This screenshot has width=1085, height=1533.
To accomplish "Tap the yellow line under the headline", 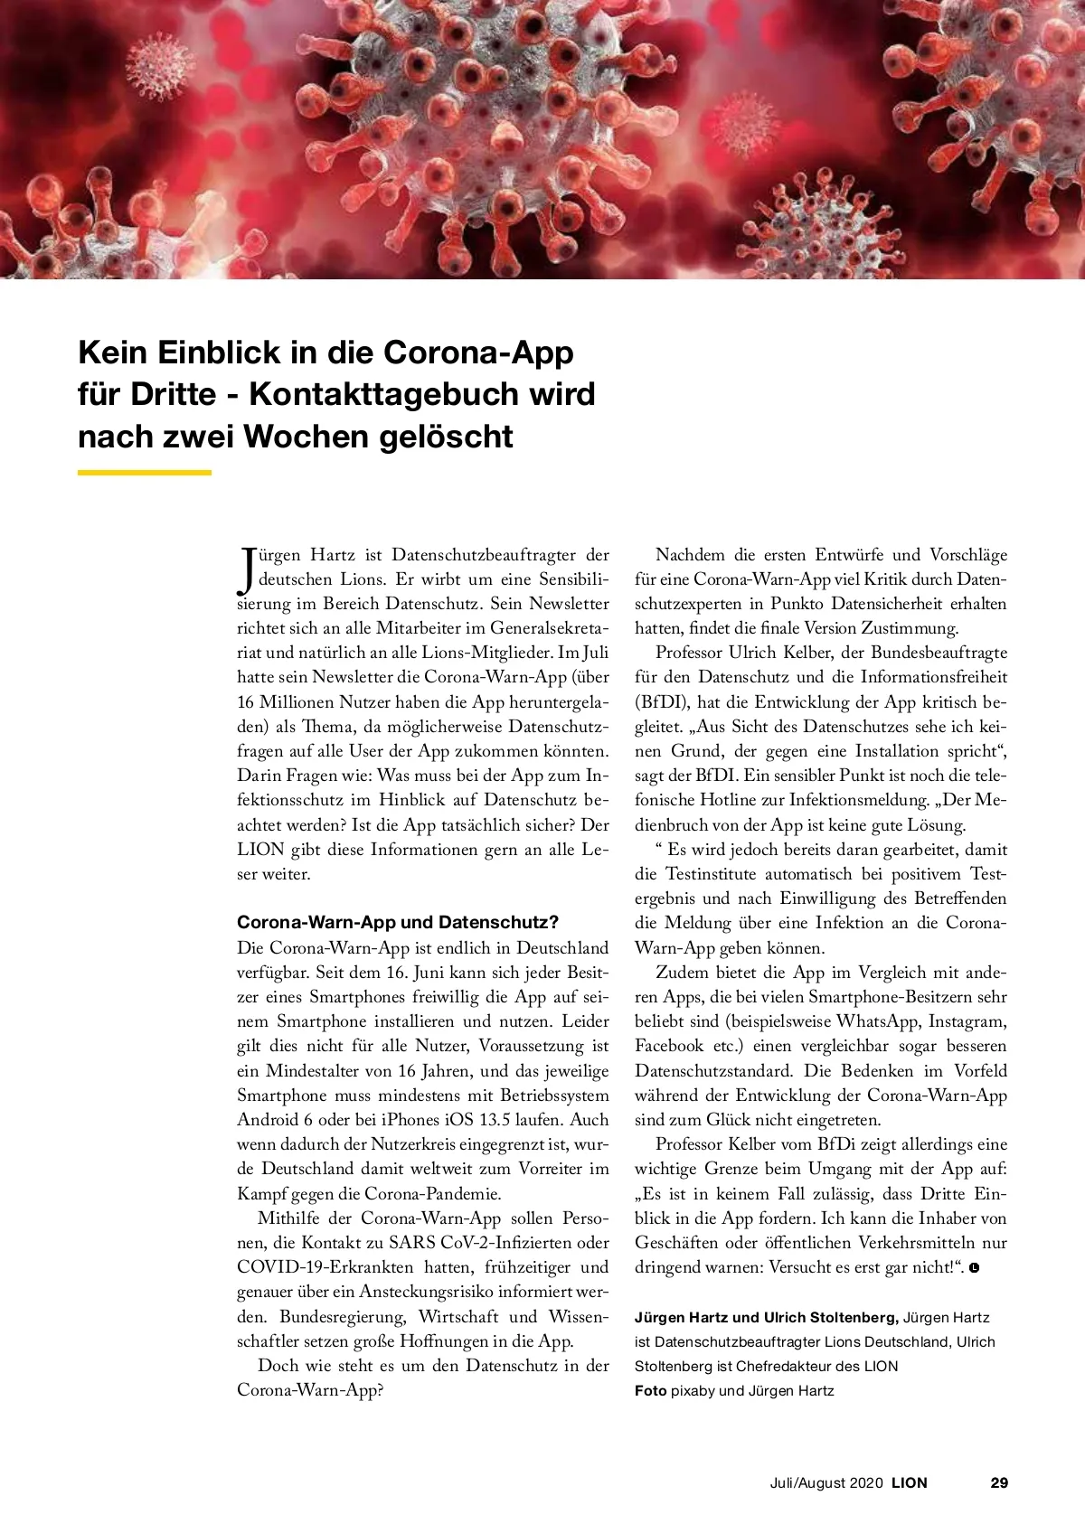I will click(x=145, y=472).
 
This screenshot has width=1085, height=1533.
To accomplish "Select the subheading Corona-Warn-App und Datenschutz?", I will click(x=398, y=922).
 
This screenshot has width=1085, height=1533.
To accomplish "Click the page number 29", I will click(x=999, y=1482).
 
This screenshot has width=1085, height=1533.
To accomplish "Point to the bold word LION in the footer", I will click(x=910, y=1482).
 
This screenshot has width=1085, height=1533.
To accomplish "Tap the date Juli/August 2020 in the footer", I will click(x=826, y=1482).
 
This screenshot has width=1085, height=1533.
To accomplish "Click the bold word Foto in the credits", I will click(x=650, y=1391).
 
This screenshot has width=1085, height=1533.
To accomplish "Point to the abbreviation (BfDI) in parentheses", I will click(x=662, y=701).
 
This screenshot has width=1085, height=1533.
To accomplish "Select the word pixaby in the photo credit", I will click(x=693, y=1391).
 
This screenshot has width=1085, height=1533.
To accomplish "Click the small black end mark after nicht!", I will click(x=974, y=1268).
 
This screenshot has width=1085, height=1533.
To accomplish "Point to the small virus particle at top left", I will click(x=160, y=66).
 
